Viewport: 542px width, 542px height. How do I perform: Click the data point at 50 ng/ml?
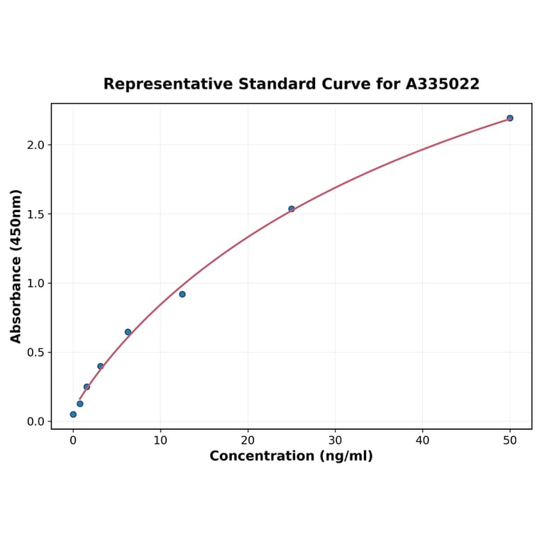tap(510, 118)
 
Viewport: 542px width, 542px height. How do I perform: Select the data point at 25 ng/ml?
tap(292, 209)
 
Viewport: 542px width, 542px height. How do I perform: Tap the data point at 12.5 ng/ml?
tap(182, 294)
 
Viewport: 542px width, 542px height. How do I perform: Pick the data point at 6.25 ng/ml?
tap(128, 332)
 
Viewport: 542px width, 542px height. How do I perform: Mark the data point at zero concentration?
tap(73, 414)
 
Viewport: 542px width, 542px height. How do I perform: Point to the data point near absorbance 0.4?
tap(100, 367)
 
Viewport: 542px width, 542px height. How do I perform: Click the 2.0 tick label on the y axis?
tap(35, 145)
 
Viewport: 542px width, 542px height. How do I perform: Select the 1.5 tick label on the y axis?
tap(35, 214)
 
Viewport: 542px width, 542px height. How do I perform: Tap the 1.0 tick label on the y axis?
tap(35, 283)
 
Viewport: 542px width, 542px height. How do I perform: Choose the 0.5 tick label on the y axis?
tap(35, 353)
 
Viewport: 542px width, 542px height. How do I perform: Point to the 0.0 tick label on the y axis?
tap(35, 421)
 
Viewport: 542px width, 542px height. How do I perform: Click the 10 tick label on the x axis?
tap(160, 441)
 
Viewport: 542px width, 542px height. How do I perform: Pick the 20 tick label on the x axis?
tap(248, 441)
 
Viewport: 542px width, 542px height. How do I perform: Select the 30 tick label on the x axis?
tap(336, 441)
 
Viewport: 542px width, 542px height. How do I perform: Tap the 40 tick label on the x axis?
tap(423, 441)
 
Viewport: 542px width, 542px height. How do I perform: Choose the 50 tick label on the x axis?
tap(510, 441)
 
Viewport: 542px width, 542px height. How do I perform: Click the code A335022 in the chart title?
tap(443, 84)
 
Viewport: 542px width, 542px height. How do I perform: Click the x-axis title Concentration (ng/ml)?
tap(291, 456)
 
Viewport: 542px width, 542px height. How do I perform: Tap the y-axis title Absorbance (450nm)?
tap(16, 266)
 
